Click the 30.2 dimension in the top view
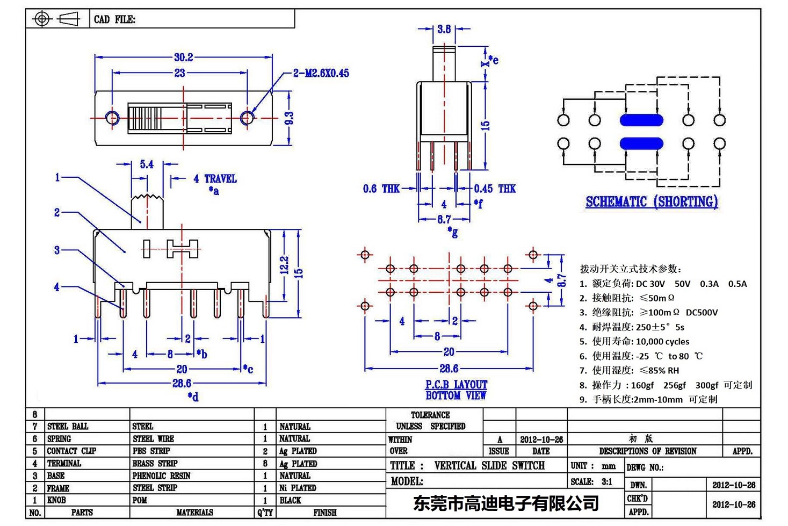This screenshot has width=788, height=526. pos(183,57)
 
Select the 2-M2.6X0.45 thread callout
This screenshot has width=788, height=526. pos(321,73)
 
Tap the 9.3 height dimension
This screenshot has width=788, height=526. pos(289,118)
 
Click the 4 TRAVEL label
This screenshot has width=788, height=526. pos(215,179)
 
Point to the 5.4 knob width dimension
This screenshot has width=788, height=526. pos(147,164)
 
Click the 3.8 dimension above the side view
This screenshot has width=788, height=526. pos(444,29)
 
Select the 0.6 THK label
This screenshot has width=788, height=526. pos(381,189)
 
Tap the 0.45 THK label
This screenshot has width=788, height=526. pos(494,189)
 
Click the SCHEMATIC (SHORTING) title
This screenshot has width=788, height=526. pos(652,202)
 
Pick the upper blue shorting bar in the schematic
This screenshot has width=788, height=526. pos(641,120)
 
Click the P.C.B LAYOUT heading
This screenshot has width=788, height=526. pos(456,385)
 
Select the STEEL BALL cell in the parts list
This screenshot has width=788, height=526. pos(68,427)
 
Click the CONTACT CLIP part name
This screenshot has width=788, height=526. pos(71,451)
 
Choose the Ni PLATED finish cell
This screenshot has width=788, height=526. pos(298,488)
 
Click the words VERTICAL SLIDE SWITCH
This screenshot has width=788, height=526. pos(489,466)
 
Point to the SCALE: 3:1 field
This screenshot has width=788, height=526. pos(591,482)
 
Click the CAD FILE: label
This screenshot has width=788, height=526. pos(114,19)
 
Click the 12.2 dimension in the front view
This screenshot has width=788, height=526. pos(284,264)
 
